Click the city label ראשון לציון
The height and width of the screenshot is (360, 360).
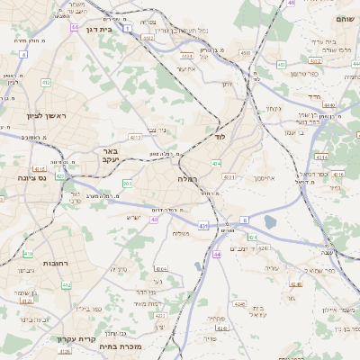tap(34, 115)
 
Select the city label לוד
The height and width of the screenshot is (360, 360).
tap(220, 137)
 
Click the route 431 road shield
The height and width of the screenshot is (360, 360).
tap(203, 225)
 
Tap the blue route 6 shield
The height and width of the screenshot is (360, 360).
tap(243, 219)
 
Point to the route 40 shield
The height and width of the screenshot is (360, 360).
tap(155, 219)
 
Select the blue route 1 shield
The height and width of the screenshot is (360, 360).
tap(128, 29)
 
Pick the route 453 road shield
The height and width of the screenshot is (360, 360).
tap(282, 65)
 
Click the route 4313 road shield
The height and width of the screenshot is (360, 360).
tap(135, 138)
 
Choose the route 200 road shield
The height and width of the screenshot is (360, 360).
tap(127, 184)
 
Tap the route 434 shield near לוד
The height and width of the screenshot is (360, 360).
tap(216, 163)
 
